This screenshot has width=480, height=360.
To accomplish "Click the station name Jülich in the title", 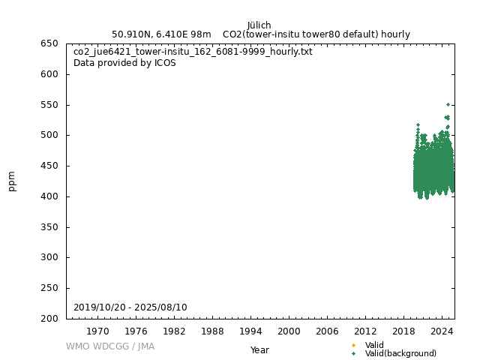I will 259,25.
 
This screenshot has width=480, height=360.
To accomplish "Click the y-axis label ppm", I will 12,181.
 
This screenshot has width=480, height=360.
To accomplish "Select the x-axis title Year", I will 259,349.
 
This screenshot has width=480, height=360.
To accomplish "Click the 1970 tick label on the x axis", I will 97,331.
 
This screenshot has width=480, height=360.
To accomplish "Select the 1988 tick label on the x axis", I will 212,331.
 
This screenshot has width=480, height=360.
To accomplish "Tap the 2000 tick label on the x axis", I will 289,331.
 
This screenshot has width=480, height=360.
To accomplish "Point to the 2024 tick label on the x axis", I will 442,331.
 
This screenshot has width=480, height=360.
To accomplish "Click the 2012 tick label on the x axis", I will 365,331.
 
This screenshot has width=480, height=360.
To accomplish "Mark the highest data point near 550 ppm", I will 448,104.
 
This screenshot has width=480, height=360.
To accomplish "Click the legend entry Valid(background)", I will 400,353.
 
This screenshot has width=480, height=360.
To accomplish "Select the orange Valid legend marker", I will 353,345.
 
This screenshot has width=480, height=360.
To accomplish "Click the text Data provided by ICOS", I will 124,63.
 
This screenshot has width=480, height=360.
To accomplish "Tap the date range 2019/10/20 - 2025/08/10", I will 130,307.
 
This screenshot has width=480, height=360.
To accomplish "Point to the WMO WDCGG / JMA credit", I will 110,346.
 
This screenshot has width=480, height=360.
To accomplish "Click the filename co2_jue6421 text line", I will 193,52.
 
